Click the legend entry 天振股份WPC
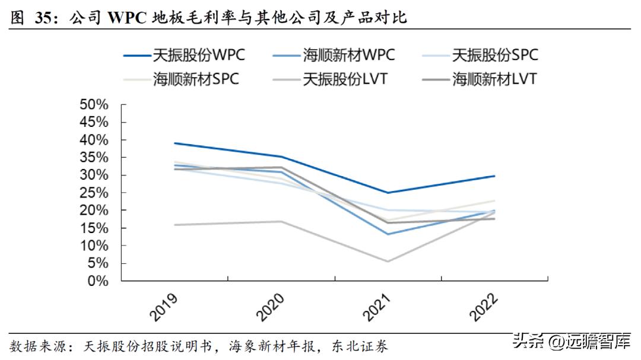pyautogui.click(x=183, y=56)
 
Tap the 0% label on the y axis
pyautogui.click(x=98, y=281)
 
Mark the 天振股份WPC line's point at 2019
pyautogui.click(x=174, y=144)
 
